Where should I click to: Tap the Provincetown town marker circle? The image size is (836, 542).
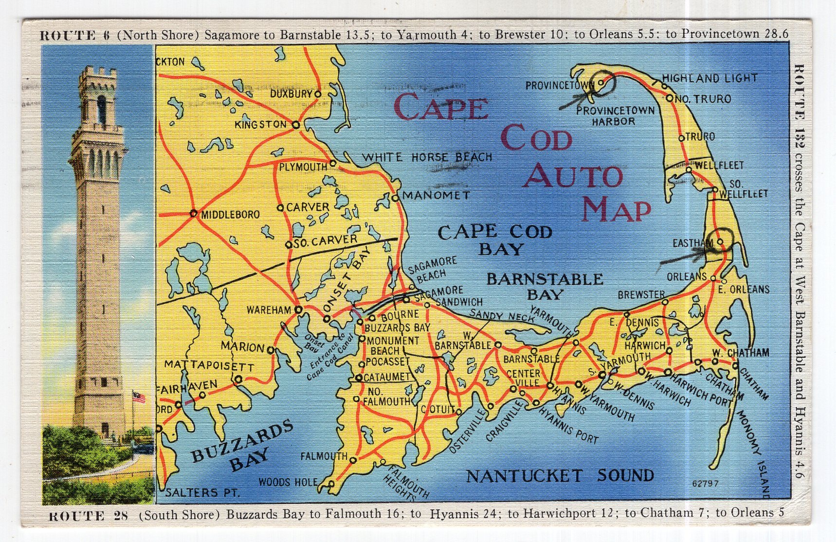coord(601,83)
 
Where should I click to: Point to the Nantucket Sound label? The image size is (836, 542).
coord(560,476)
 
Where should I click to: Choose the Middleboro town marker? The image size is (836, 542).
coord(193,213)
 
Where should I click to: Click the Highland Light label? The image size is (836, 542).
coord(709,78)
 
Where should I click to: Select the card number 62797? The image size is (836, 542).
coord(705,484)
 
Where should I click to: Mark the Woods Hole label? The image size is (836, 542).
coord(288,482)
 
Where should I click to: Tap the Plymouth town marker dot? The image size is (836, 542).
coord(333,163)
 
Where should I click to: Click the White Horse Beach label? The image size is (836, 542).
coord(427,157)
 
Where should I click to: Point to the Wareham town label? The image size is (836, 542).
coord(269,310)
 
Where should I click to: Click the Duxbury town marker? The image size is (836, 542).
coord(317,93)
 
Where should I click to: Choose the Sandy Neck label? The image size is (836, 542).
coord(501,317)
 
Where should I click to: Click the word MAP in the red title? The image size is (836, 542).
coord(617,208)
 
